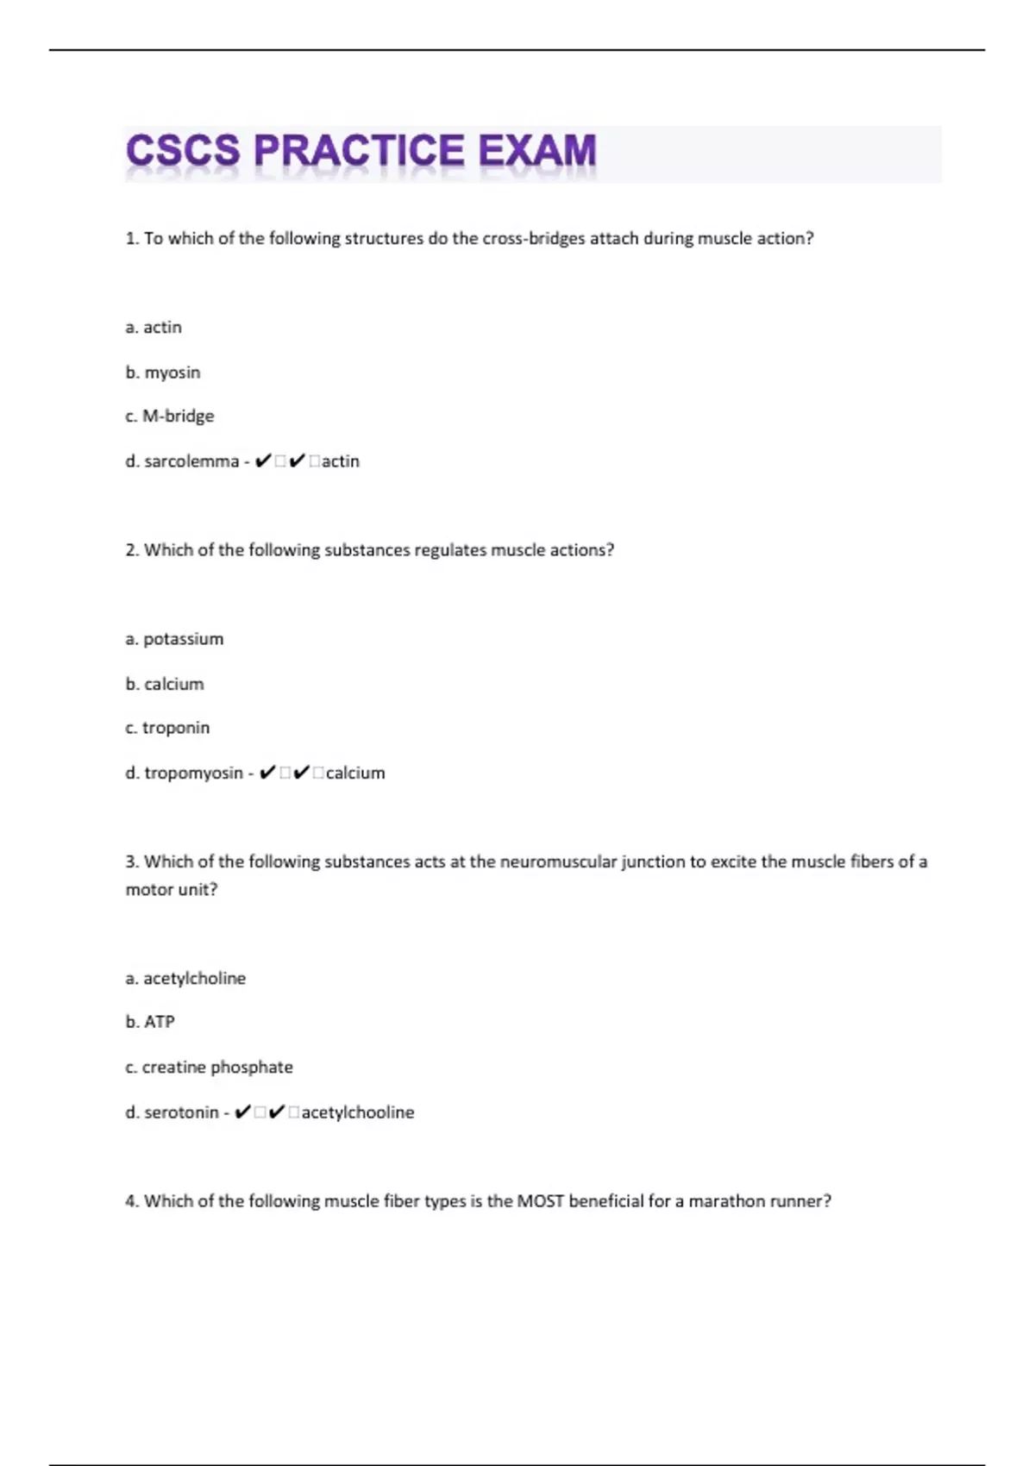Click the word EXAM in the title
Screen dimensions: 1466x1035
click(536, 151)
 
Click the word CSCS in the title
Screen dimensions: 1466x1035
click(183, 151)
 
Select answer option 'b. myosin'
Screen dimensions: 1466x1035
click(163, 373)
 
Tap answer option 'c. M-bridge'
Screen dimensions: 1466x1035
click(170, 417)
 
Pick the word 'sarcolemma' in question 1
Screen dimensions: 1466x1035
click(191, 461)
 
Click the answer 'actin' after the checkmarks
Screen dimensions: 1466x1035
click(341, 461)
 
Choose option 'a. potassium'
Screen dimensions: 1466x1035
click(174, 639)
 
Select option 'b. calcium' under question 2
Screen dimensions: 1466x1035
click(165, 684)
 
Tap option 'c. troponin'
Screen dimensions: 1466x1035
click(167, 728)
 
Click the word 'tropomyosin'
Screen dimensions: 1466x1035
click(193, 773)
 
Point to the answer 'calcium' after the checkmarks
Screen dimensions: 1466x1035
click(355, 773)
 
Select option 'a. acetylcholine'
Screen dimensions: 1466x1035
click(185, 979)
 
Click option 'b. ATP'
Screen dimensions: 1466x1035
click(150, 1022)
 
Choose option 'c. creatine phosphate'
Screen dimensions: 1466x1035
click(210, 1068)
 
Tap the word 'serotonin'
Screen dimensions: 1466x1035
click(181, 1112)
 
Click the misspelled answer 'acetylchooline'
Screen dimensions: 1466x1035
click(358, 1112)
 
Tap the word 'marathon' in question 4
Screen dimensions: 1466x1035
click(722, 1201)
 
